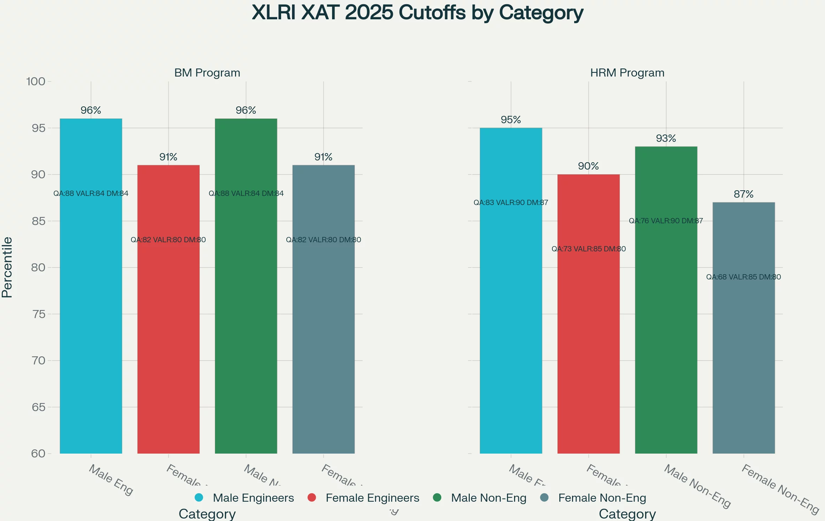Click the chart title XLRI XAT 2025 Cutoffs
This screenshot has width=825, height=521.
point(417,13)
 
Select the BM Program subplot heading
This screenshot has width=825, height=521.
point(207,73)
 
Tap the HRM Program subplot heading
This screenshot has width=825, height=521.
point(627,73)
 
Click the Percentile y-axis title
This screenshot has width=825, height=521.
point(7,267)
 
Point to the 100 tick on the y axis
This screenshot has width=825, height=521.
point(36,81)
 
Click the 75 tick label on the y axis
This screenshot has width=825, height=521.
point(39,314)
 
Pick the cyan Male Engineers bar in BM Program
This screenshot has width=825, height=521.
point(91,316)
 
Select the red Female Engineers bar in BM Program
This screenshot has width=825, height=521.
point(168,334)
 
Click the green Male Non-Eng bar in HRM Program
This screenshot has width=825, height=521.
point(666,334)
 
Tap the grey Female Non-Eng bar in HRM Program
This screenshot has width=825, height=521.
point(743,351)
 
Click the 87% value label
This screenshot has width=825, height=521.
point(743,194)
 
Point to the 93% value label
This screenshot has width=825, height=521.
point(666,138)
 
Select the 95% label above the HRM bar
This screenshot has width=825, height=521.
point(511,120)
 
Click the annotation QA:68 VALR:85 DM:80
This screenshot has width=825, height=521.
point(743,277)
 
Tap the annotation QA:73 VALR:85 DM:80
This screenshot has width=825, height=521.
point(589,249)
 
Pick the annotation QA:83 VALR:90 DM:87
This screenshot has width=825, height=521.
point(511,203)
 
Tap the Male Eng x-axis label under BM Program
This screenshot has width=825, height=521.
point(111,480)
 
